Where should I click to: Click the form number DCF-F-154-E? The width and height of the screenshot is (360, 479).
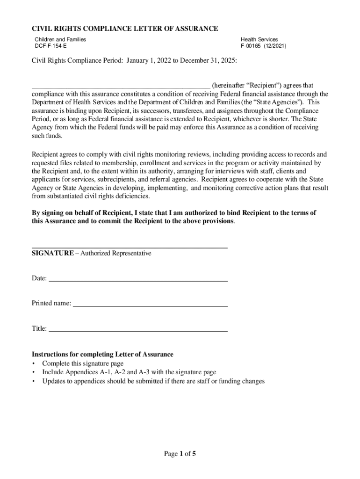click(x=53, y=46)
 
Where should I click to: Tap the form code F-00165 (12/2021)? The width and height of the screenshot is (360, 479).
click(x=263, y=46)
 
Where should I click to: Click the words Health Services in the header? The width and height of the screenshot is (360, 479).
click(x=259, y=40)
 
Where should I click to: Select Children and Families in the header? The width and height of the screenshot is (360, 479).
click(x=60, y=40)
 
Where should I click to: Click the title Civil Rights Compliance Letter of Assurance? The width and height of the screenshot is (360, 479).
click(x=125, y=29)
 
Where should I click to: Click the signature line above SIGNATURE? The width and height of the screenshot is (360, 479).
click(x=130, y=247)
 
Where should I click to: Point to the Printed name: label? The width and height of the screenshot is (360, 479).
click(x=51, y=303)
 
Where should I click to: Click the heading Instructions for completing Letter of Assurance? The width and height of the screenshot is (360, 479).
click(x=102, y=354)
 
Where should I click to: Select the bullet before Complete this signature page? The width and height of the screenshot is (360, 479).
click(x=34, y=363)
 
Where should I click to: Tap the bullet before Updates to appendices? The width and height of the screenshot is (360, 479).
click(x=34, y=381)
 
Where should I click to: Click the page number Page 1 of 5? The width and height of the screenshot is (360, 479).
click(x=180, y=454)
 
